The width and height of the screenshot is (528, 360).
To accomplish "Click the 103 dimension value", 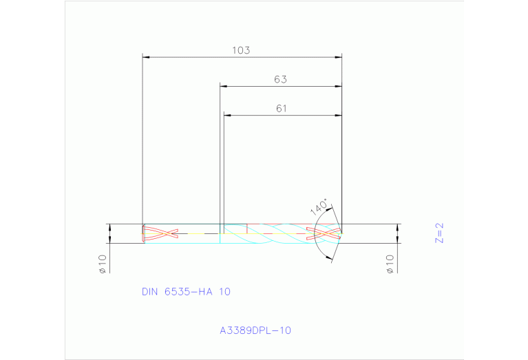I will click(x=240, y=50).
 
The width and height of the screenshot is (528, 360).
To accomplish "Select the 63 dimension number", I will click(x=280, y=79).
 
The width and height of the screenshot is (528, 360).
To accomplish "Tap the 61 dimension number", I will click(x=281, y=108).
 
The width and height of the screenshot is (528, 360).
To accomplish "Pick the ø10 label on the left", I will click(x=102, y=264).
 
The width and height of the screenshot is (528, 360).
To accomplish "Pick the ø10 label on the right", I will click(x=390, y=264).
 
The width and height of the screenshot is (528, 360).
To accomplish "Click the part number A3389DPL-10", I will click(x=255, y=330).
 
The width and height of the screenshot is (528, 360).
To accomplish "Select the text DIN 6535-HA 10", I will click(x=186, y=291).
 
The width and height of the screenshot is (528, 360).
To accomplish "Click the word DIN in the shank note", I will click(x=150, y=291).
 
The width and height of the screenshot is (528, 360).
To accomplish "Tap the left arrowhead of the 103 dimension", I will click(x=145, y=56).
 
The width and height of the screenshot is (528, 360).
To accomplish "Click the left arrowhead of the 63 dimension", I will click(x=223, y=86).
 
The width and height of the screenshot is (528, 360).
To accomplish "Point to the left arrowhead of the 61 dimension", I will click(x=227, y=115).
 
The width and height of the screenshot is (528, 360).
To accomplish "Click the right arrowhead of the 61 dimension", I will click(x=338, y=115).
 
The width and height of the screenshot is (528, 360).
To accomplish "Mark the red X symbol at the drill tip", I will click(x=323, y=233).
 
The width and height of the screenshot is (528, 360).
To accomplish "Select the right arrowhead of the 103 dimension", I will click(x=338, y=56).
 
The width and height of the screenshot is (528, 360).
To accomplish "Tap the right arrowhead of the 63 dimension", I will click(x=338, y=86).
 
